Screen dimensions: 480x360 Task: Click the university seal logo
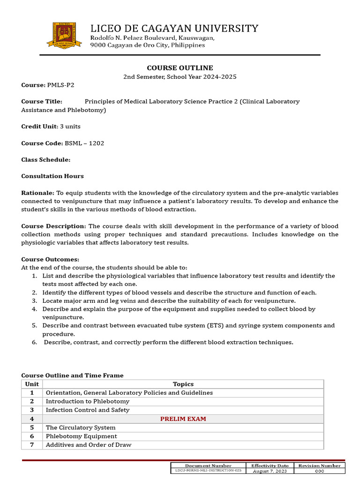64,34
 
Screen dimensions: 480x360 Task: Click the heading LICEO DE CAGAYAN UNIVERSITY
174,29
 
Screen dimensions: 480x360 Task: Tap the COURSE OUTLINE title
180,68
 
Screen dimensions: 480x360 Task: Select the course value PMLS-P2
60,85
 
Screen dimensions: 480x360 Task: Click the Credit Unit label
39,127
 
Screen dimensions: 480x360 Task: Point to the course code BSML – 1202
84,143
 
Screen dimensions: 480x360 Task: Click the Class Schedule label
45,160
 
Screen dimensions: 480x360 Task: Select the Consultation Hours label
52,176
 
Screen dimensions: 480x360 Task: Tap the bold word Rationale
37,193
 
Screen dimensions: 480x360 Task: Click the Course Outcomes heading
50,259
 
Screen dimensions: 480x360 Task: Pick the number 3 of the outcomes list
34,300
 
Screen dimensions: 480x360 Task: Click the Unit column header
32,384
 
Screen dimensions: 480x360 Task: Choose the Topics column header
183,384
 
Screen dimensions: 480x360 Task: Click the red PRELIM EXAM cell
183,419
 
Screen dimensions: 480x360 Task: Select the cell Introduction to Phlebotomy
88,401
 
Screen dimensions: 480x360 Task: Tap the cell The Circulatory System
81,427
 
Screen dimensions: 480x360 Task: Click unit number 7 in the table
32,445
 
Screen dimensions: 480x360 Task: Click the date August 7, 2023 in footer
270,471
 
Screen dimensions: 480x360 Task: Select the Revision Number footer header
319,465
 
